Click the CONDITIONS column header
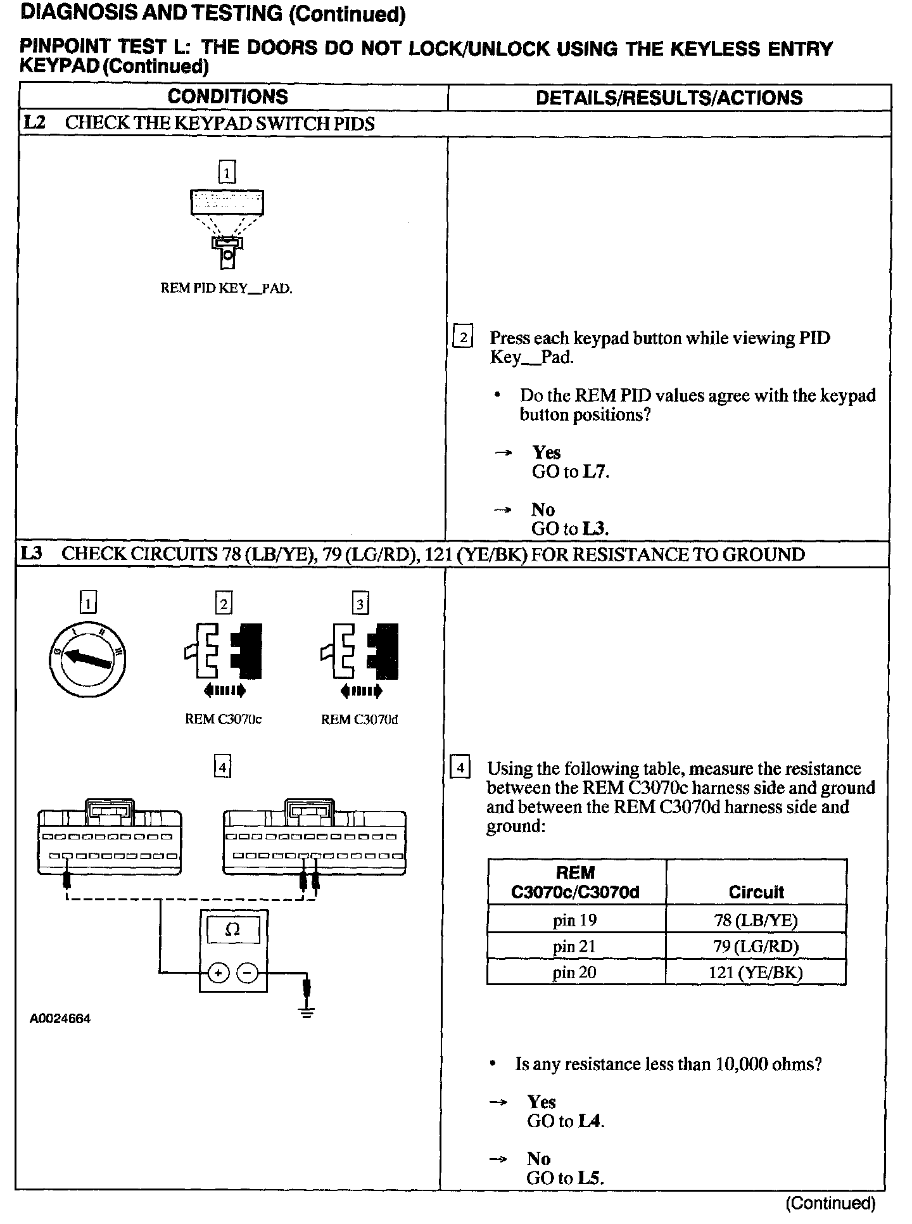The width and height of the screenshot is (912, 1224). pos(227,97)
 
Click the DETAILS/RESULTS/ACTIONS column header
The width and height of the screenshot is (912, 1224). pos(669,98)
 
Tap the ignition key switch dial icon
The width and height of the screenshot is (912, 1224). pos(87,660)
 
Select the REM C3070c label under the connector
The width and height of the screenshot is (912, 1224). pos(223,719)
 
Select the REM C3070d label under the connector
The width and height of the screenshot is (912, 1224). pos(359,719)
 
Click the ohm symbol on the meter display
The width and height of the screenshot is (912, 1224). pos(233,929)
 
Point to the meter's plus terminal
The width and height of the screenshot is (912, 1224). pos(218,972)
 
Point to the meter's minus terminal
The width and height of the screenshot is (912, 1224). pos(248,972)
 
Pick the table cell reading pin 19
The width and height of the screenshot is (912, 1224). pos(575,920)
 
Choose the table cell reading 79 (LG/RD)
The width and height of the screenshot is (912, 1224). pos(756,947)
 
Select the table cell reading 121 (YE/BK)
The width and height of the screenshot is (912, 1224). pos(756,972)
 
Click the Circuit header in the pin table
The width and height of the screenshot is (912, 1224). pos(756,892)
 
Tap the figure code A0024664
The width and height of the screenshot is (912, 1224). pos(60,1019)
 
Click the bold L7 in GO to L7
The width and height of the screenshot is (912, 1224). pos(595,471)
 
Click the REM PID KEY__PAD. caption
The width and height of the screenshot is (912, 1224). pos(226,288)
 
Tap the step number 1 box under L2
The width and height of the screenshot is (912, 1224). pos(226,172)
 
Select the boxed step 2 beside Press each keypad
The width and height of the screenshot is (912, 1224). pos(463,338)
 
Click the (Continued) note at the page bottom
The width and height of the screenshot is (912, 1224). pos(830,1202)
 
